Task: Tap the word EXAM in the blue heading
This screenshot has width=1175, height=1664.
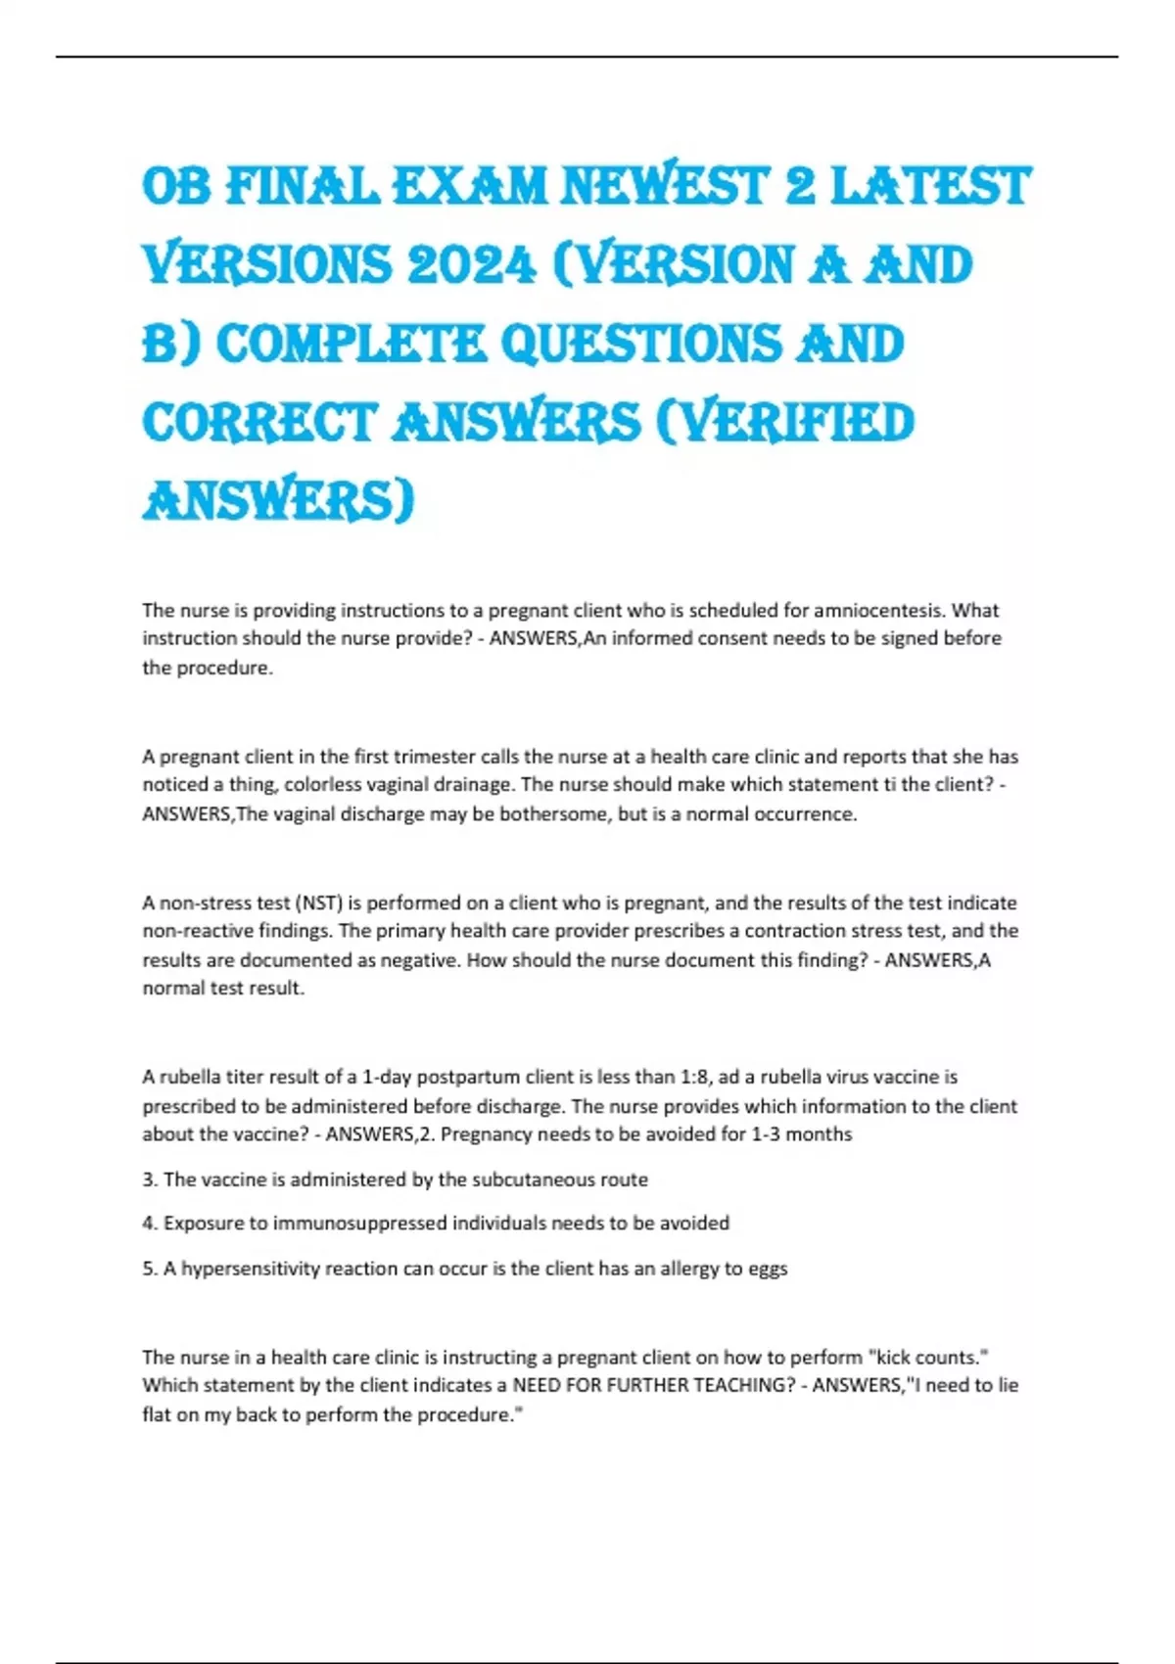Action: [469, 187]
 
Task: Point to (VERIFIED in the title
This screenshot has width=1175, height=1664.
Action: [784, 423]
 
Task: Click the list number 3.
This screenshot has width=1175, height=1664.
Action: [149, 1180]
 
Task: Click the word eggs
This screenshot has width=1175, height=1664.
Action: [768, 1270]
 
